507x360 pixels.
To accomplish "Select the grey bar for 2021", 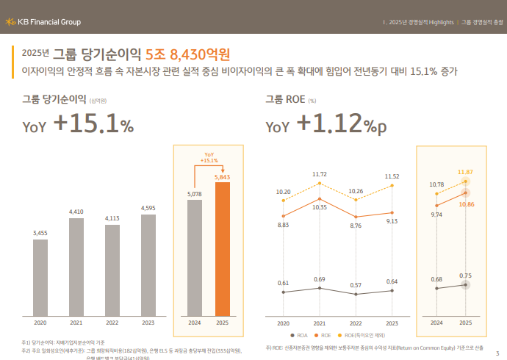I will pos(76,266).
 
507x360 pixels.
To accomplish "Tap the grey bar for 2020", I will pos(40,276).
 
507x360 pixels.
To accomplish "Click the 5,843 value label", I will pos(223,177).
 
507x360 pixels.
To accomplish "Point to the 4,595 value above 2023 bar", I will pos(148,208).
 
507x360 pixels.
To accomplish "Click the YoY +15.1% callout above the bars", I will pos(209,156).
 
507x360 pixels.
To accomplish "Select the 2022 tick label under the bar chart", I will pos(112,323).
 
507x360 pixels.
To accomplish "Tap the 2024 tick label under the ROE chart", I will pos(436,323).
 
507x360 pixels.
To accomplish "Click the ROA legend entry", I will pos(300,334).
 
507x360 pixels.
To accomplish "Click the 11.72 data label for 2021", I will pos(319,174).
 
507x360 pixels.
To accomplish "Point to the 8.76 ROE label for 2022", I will pos(356,226).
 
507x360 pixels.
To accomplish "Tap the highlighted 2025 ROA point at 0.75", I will pos(465,285).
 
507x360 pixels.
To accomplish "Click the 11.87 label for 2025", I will pos(465,172).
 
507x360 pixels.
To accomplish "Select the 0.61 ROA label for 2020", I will pos(283,283).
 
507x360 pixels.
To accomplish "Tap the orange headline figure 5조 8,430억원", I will pos(188,54).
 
